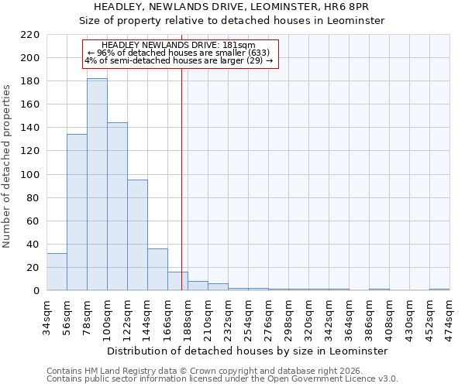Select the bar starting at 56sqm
click(77, 212)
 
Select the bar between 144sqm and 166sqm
click(157, 269)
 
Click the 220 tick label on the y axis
click(30, 35)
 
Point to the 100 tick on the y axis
click(30, 175)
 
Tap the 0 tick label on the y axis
click(36, 291)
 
